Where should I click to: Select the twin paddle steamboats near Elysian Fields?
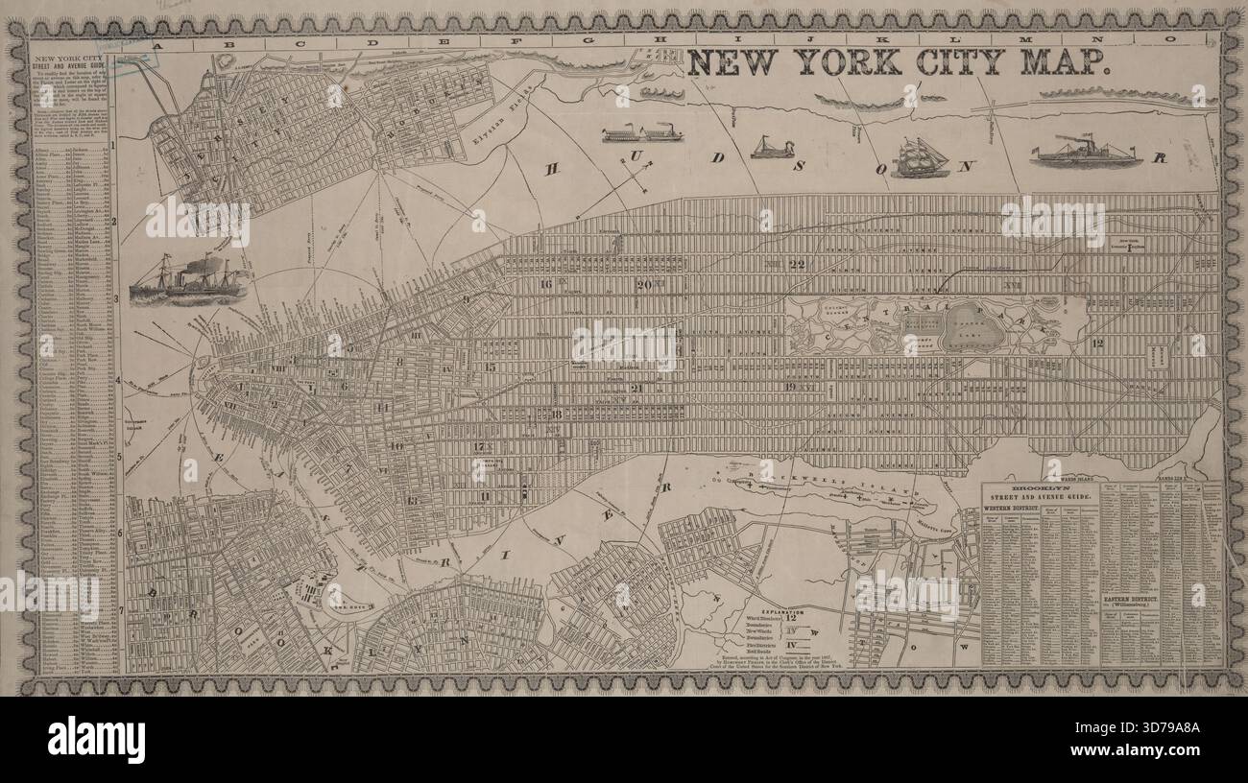[x=642, y=132]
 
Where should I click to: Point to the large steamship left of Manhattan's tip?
[x=188, y=279]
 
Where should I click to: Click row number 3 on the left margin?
[x=114, y=299]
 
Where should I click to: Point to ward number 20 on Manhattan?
[x=643, y=284]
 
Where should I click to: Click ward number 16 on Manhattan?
[x=545, y=284]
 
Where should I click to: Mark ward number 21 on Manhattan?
[x=636, y=388]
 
